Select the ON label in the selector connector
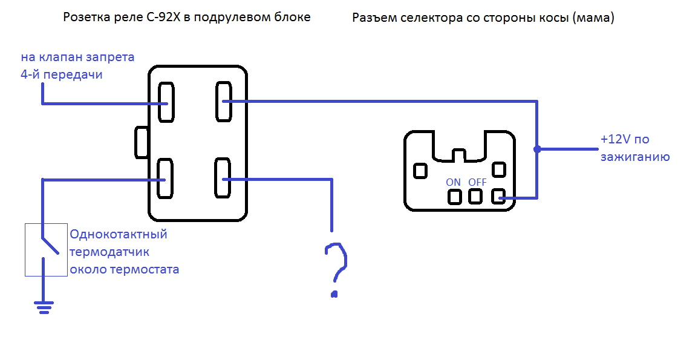(453, 182)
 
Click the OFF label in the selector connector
(477, 182)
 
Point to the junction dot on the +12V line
(537, 149)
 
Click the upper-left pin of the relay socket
(166, 102)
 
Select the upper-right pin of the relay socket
(224, 101)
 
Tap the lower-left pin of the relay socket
(165, 178)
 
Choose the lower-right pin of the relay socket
(222, 178)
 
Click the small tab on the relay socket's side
(142, 142)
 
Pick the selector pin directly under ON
(454, 197)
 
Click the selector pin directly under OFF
(475, 197)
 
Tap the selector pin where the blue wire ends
(498, 197)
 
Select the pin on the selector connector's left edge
(420, 171)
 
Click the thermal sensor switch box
(46, 250)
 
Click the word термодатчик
(109, 252)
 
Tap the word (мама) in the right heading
(594, 18)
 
